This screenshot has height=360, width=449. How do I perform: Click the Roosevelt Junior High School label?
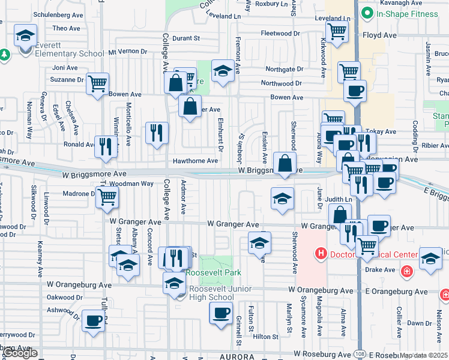coord(211,293)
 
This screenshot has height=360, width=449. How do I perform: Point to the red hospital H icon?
coord(321,254)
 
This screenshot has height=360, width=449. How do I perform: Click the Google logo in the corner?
coord(20,353)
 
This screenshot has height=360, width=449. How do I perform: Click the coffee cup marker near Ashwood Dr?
coord(93,320)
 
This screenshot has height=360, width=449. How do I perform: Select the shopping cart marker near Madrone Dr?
coord(107,196)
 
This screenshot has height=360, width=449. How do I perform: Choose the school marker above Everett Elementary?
coord(25,35)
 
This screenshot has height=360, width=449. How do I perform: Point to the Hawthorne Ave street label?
coord(195,161)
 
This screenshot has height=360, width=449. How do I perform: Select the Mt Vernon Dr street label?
coord(127,52)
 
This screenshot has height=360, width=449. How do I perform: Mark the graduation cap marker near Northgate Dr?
coord(223,72)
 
